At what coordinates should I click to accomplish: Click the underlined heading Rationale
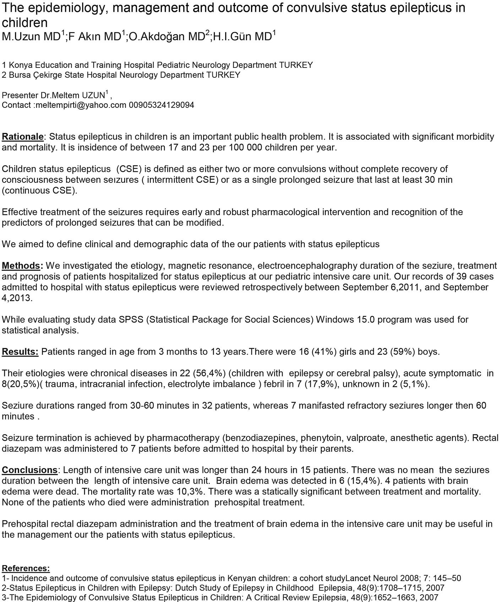(x=22, y=137)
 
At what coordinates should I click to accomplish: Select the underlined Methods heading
(x=22, y=266)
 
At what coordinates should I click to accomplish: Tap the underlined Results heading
(x=20, y=352)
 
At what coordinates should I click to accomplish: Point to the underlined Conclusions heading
(x=29, y=470)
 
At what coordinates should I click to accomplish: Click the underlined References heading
(x=26, y=568)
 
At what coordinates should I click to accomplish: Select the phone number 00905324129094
(x=162, y=105)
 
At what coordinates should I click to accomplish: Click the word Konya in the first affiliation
(x=20, y=65)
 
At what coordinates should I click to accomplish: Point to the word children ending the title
(x=25, y=22)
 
